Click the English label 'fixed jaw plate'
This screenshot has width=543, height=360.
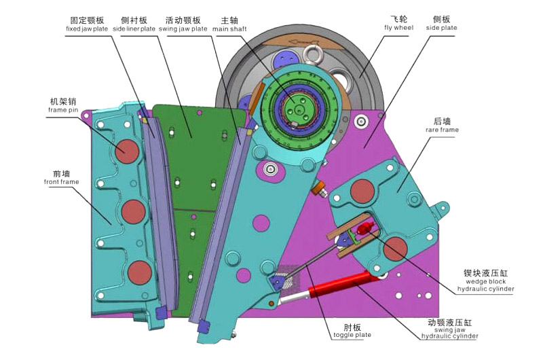[x=87, y=29]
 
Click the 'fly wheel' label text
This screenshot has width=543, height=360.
[x=398, y=28]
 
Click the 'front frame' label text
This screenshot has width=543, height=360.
[x=62, y=182]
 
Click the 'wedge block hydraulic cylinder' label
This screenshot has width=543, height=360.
[x=485, y=285]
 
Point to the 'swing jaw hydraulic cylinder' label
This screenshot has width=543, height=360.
[x=449, y=332]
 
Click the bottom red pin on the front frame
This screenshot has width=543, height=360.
[x=140, y=272]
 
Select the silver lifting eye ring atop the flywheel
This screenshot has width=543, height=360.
[x=313, y=54]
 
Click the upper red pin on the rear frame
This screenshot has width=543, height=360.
[x=362, y=192]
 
